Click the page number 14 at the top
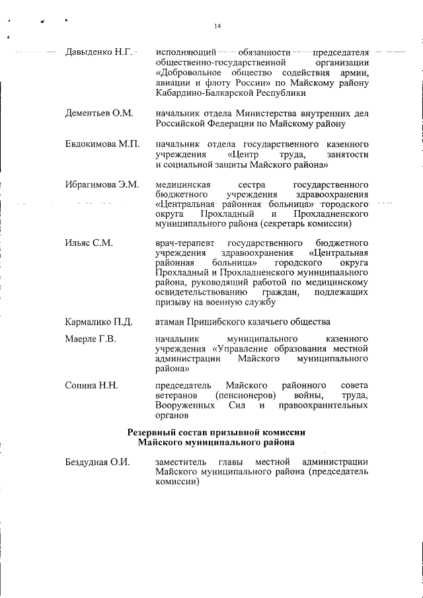click(217, 26)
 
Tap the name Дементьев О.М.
click(99, 113)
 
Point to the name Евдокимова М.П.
click(102, 144)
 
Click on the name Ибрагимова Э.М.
click(102, 185)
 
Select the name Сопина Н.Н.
click(91, 385)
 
